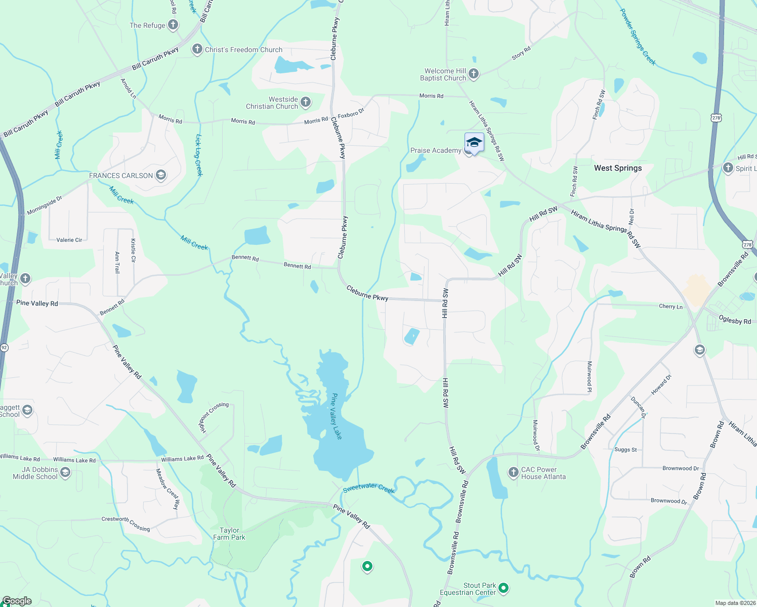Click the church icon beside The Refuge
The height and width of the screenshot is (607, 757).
coord(173,25)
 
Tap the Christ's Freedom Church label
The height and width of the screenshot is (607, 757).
coord(243,50)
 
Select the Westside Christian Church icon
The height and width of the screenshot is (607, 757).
coord(306,102)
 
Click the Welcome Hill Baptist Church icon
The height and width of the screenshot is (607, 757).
coord(474,74)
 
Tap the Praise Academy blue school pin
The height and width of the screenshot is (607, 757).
coord(474,143)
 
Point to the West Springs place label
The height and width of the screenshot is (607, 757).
coord(617,168)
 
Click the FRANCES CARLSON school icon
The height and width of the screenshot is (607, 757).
coord(161,176)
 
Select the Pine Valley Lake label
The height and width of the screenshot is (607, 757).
coord(337,416)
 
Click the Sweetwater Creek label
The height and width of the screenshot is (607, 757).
coord(368,488)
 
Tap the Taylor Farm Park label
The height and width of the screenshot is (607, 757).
coord(229,534)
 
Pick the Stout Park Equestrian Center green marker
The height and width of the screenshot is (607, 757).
coord(503,588)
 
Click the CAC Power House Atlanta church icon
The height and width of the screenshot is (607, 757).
coord(514,472)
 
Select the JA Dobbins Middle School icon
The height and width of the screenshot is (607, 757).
coord(65,472)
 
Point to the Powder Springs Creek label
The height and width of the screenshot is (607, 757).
coord(638,37)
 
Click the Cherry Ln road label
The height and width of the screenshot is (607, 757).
coord(670,307)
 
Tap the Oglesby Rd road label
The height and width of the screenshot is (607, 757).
coord(735,320)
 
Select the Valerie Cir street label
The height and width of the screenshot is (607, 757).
coord(69,240)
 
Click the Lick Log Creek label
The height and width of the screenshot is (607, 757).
coord(199,155)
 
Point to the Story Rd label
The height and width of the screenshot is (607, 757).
coord(521,53)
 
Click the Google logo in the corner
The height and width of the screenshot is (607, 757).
coord(17,601)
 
